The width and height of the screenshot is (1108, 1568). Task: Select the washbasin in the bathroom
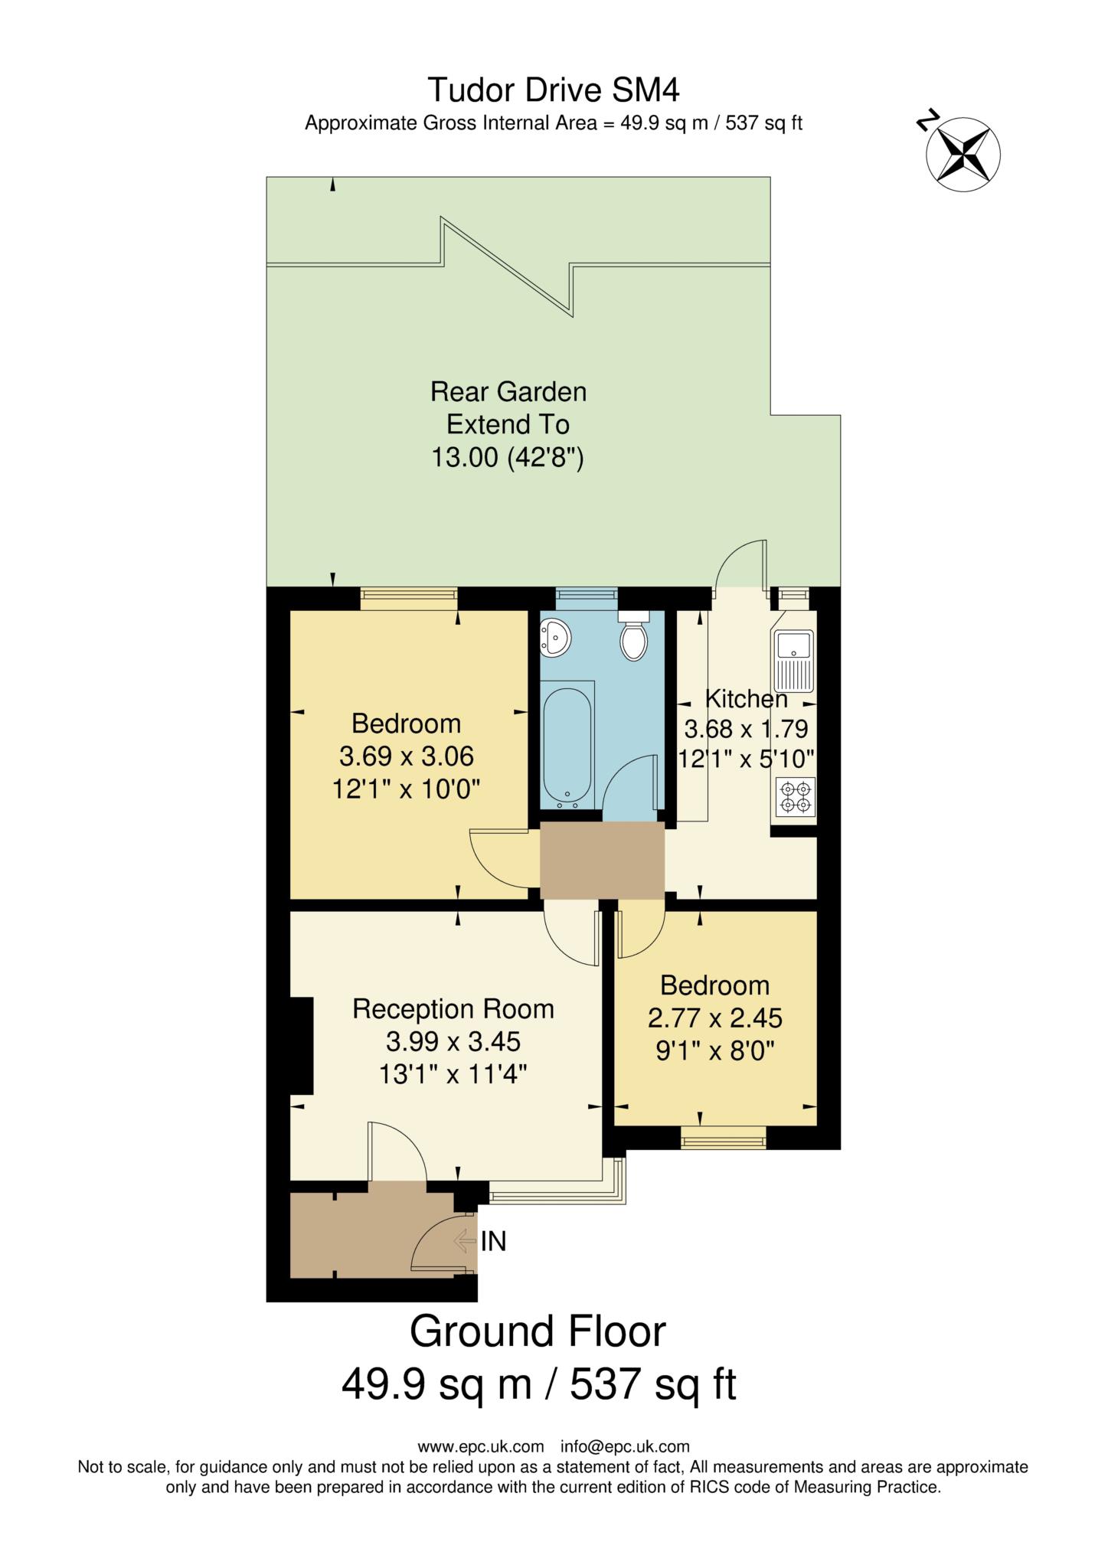[x=554, y=637]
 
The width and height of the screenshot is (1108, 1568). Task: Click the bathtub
[x=567, y=743]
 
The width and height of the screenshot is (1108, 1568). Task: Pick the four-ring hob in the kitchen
[x=795, y=797]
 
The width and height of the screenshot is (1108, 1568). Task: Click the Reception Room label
[x=453, y=1009]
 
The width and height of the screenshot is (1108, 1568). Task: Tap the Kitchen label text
[x=746, y=699]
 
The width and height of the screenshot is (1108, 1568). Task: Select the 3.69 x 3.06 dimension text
[x=406, y=756]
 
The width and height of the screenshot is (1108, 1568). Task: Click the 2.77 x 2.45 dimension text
[x=714, y=1018]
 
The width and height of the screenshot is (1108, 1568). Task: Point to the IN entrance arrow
[x=466, y=1241]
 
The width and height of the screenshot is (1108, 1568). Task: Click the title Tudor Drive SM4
[x=553, y=90]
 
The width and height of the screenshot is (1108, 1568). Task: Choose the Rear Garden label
[x=508, y=392]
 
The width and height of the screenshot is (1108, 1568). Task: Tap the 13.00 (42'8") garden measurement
[x=508, y=458]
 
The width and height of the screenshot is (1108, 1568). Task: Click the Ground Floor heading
[x=538, y=1331]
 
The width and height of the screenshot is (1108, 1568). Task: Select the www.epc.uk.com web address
[x=480, y=1447]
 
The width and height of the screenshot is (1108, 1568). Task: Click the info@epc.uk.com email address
[x=625, y=1447]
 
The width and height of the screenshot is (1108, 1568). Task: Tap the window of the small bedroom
[x=723, y=1138]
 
